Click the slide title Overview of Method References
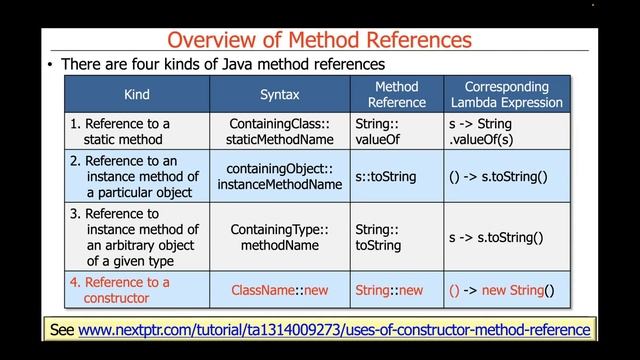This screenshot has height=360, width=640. tap(319, 39)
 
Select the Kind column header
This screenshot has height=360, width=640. tap(137, 95)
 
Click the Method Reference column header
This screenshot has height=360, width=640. tap(389, 94)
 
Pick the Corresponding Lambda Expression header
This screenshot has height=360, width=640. tap(506, 94)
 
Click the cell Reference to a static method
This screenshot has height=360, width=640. tap(120, 131)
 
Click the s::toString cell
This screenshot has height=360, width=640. tap(385, 176)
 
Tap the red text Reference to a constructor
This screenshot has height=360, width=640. tap(120, 289)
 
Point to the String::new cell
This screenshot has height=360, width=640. tap(389, 290)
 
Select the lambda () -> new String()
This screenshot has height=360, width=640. tap(501, 290)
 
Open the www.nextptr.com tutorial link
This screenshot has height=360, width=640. tap(334, 329)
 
